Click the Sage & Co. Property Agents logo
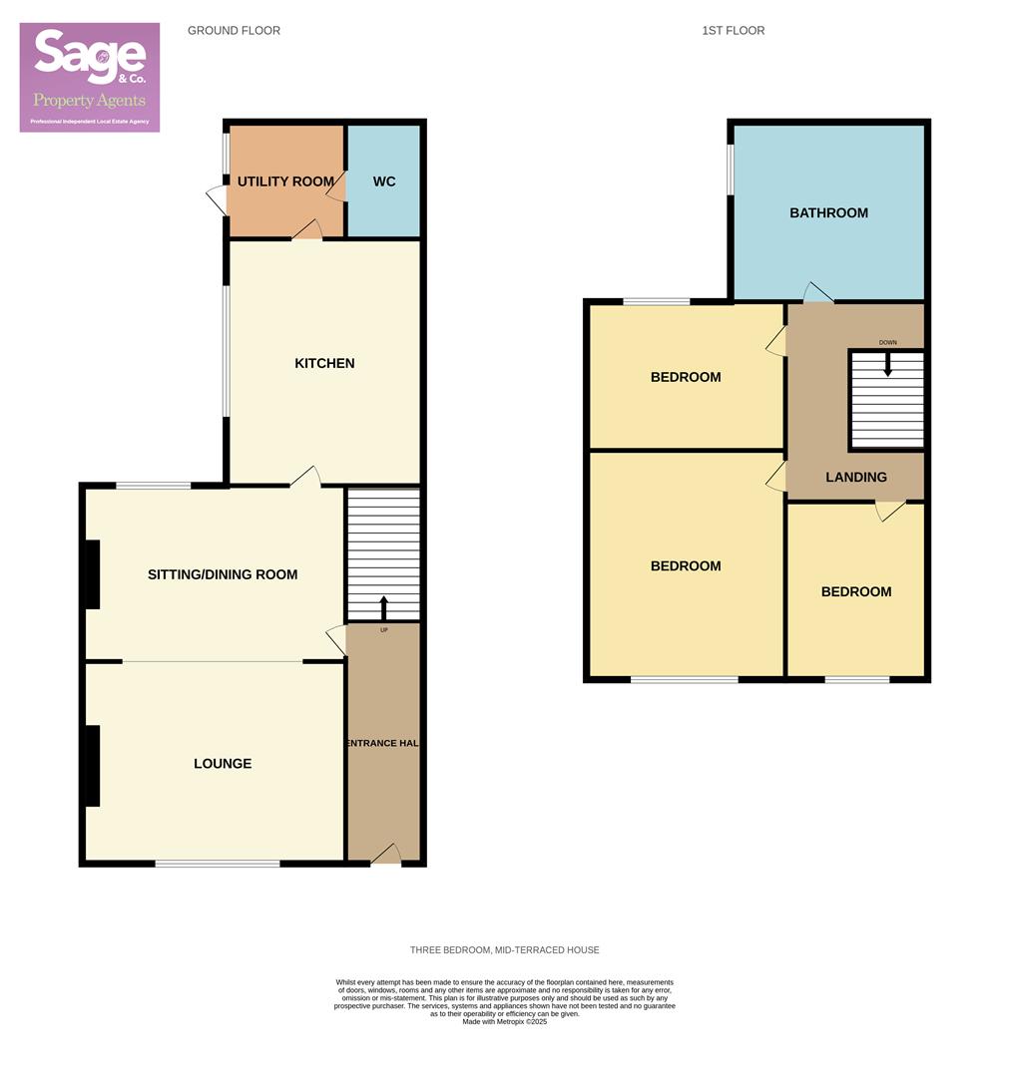tap(90, 77)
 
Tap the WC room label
tap(384, 181)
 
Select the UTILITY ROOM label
tap(285, 181)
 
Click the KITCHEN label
tap(324, 363)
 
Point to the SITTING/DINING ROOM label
tap(223, 574)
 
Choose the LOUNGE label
tap(223, 764)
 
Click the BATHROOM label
tap(828, 212)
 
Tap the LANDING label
tap(856, 478)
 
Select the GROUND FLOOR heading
tap(234, 31)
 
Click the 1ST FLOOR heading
tap(733, 31)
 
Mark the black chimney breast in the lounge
tap(92, 765)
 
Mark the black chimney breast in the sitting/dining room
tap(92, 574)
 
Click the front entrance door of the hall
tap(385, 856)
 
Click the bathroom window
tap(731, 171)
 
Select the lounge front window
tap(218, 863)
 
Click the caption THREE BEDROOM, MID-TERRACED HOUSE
tap(504, 950)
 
